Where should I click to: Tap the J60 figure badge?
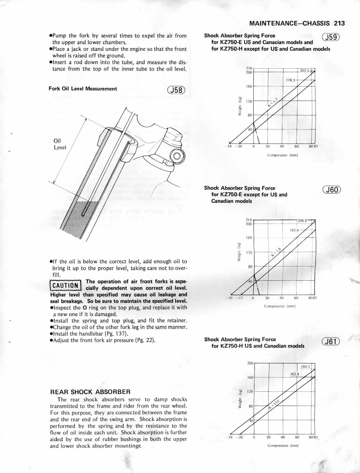coord(331,190)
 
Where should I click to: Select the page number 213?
coord(338,23)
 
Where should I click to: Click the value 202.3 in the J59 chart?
coord(305,71)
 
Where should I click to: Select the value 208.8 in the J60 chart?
coord(304,221)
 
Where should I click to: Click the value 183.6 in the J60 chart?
coord(295,230)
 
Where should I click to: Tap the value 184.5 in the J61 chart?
coord(306,367)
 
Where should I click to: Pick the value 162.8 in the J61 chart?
coord(295,374)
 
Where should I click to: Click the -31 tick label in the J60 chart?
coord(231,298)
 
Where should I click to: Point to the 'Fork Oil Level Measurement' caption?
coord(83,89)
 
